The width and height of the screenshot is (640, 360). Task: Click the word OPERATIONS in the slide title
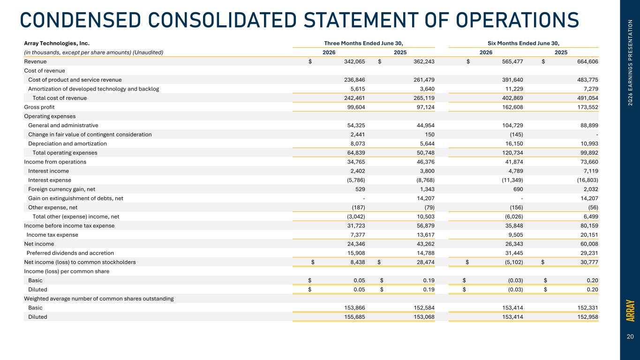pyautogui.click(x=518, y=20)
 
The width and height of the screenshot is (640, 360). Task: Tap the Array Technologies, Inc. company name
pyautogui.click(x=57, y=43)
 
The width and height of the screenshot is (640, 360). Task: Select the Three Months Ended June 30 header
pyautogui.click(x=363, y=43)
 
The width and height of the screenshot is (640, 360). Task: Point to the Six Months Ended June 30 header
pyautogui.click(x=523, y=43)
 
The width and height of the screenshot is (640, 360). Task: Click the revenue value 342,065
pyautogui.click(x=354, y=61)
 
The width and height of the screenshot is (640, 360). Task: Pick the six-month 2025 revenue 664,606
pyautogui.click(x=587, y=61)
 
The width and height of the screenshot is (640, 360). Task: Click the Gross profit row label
pyautogui.click(x=39, y=107)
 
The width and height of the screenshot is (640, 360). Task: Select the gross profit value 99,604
pyautogui.click(x=356, y=107)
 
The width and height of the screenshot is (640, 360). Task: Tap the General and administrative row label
pyautogui.click(x=63, y=126)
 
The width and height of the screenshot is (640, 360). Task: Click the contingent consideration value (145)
pyautogui.click(x=516, y=135)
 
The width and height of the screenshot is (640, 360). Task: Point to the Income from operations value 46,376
pyautogui.click(x=425, y=162)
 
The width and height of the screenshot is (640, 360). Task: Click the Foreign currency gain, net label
pyautogui.click(x=62, y=189)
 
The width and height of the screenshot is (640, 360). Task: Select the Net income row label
pyautogui.click(x=39, y=244)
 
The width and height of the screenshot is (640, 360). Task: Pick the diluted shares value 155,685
pyautogui.click(x=354, y=317)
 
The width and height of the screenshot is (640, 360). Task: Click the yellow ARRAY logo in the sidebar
pyautogui.click(x=630, y=310)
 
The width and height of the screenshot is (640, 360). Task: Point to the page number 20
pyautogui.click(x=630, y=337)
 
